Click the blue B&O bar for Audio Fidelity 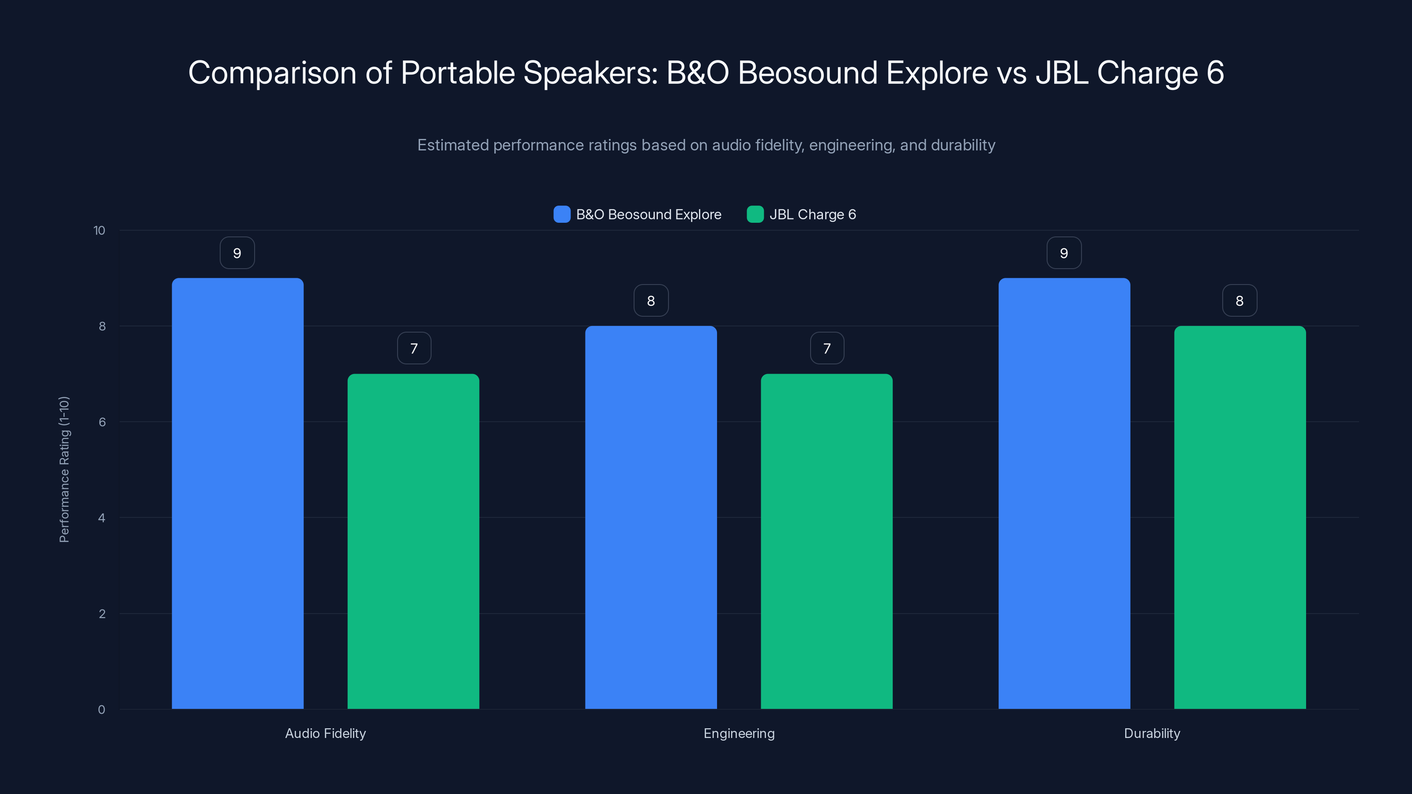coord(237,493)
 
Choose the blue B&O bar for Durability coord(1064,493)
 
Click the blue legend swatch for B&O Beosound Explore coord(562,214)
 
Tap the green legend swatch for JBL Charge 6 coord(755,214)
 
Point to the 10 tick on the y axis coord(99,231)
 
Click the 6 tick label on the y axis coord(102,422)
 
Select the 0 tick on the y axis coord(101,710)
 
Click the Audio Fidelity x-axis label coord(325,733)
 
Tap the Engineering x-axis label coord(739,733)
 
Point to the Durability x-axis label coord(1152,733)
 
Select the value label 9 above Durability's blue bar coord(1064,253)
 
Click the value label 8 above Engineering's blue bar coord(651,301)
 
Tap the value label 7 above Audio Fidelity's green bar coord(414,348)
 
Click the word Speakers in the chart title coord(590,73)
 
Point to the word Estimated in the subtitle coord(453,145)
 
